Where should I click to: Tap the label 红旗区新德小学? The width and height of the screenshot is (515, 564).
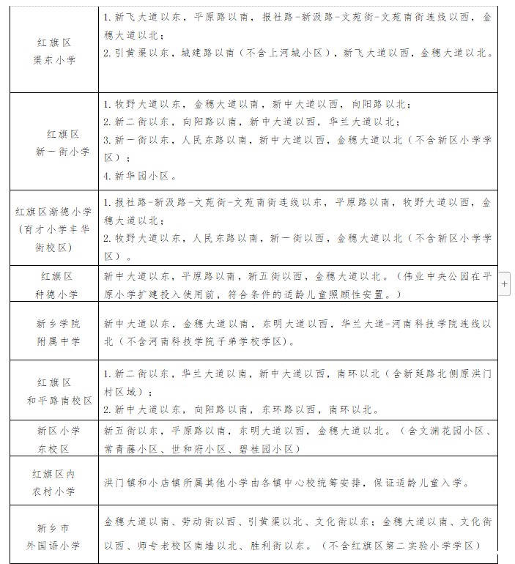pyautogui.click(x=54, y=212)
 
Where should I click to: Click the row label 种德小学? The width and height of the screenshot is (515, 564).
pyautogui.click(x=59, y=294)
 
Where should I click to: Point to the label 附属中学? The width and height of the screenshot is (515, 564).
pyautogui.click(x=59, y=341)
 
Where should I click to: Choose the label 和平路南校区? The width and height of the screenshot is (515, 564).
pyautogui.click(x=59, y=401)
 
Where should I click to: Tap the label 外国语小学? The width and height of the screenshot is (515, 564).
pyautogui.click(x=59, y=545)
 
